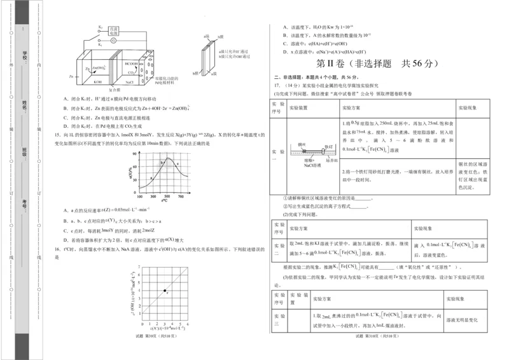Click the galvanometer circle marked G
point(113,40)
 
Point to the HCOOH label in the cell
point(131,64)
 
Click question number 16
point(57,249)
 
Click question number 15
point(57,135)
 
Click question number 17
point(276,85)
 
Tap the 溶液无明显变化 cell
point(461,320)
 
